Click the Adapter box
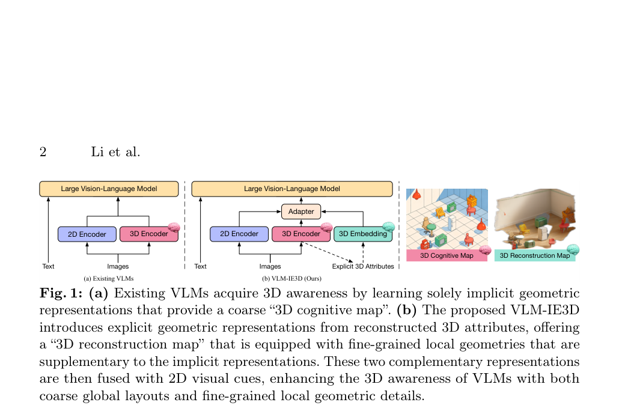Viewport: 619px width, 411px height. click(x=301, y=212)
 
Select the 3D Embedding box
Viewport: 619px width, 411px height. click(x=363, y=234)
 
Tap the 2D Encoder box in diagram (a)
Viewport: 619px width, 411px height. click(x=87, y=234)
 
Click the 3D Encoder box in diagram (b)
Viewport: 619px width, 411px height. click(x=301, y=234)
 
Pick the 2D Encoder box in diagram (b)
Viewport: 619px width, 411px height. click(x=239, y=234)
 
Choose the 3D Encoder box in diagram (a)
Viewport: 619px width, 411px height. click(x=149, y=234)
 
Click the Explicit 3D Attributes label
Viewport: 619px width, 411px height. click(x=363, y=267)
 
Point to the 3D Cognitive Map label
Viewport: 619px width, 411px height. click(x=447, y=255)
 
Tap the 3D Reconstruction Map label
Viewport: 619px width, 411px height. click(x=535, y=255)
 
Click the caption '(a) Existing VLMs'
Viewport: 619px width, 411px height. click(x=109, y=279)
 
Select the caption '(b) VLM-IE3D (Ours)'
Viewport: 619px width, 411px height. click(x=291, y=279)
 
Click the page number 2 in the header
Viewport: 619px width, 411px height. click(x=43, y=152)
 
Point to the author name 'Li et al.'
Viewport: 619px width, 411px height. click(x=115, y=152)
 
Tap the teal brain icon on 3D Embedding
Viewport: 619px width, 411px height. click(x=389, y=227)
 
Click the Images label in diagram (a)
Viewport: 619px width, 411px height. click(x=118, y=267)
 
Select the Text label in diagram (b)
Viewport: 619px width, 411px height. click(x=200, y=267)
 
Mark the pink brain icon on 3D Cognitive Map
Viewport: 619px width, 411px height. click(x=485, y=250)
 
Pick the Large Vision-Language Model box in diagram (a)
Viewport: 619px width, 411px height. click(x=109, y=189)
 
